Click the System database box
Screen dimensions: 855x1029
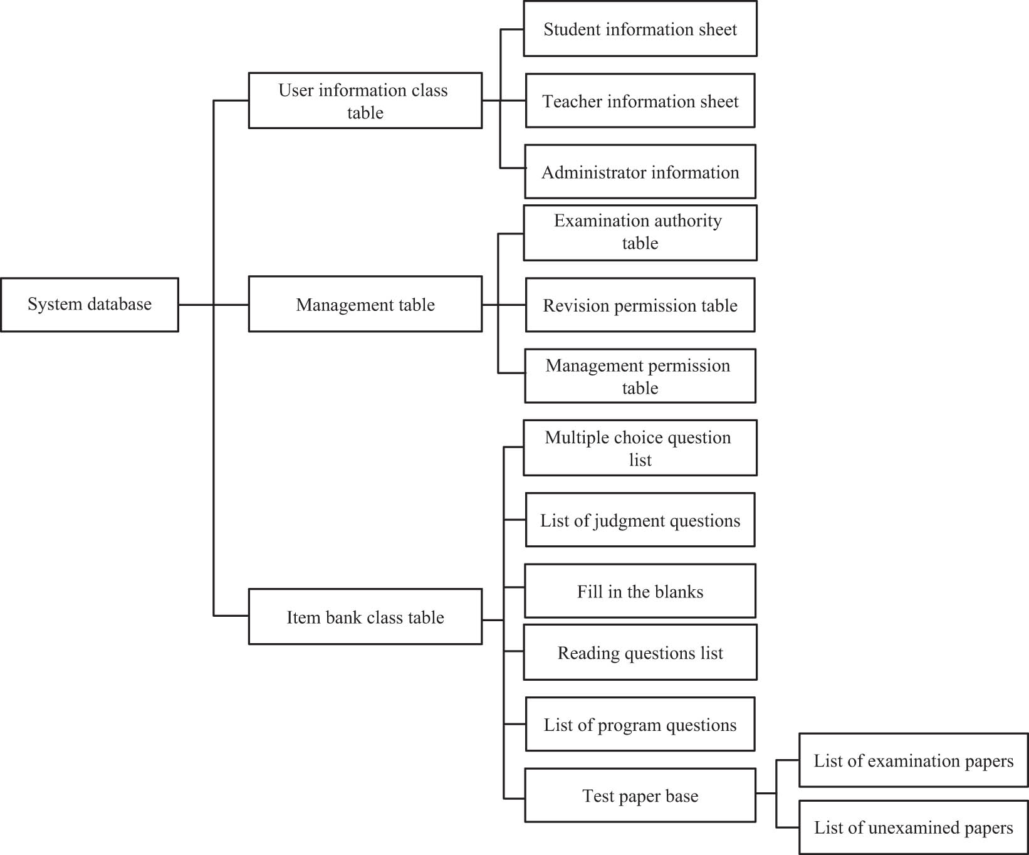pos(90,305)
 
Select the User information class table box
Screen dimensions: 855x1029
pos(365,101)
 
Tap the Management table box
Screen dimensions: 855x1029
pos(365,305)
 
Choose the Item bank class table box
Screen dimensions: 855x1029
pos(365,617)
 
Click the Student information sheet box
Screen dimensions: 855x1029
pos(640,29)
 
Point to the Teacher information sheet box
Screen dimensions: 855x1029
pos(640,101)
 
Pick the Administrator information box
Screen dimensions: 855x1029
pos(640,172)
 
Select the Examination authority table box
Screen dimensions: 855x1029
pos(640,233)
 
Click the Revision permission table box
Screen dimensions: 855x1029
pos(640,305)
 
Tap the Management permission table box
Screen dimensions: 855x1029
pos(640,376)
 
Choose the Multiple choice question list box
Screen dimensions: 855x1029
pos(640,448)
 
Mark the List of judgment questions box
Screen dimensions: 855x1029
pos(640,520)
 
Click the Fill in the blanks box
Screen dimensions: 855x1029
pos(640,591)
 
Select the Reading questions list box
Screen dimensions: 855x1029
pos(640,653)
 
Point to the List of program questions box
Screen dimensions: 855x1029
pos(640,725)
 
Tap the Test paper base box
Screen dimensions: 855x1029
pos(640,795)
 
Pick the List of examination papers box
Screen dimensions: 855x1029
pos(913,760)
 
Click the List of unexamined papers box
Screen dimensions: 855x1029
pos(913,827)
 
